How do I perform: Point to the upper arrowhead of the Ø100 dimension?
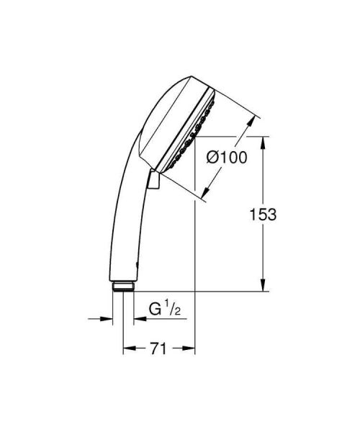253,122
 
